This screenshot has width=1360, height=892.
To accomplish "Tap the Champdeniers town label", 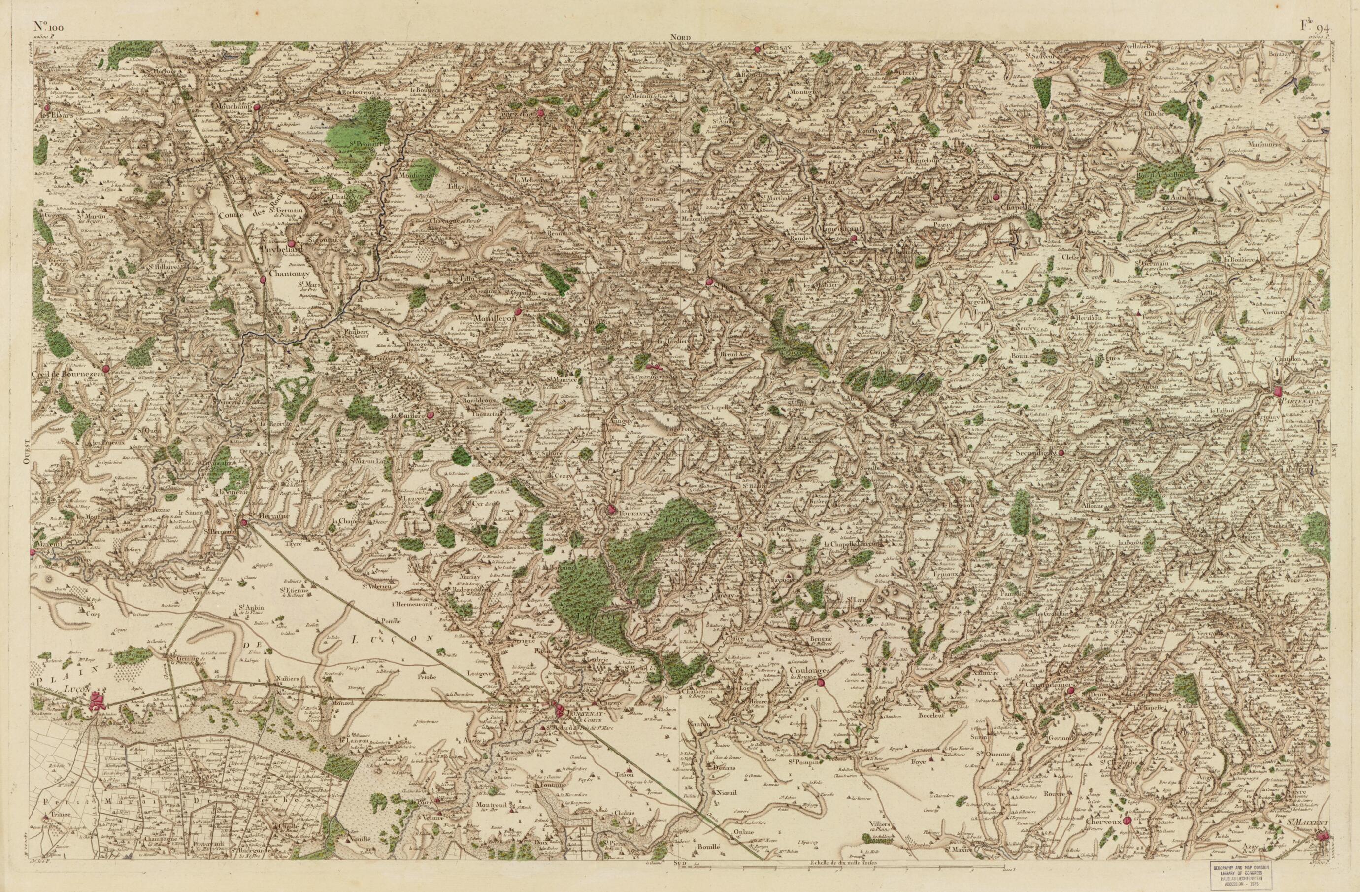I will [1050, 684].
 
